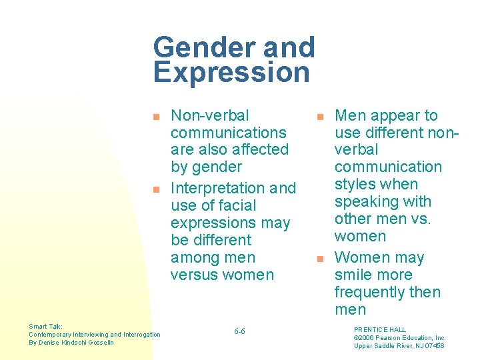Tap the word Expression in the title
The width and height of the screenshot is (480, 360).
[x=231, y=73]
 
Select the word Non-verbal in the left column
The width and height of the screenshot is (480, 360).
[x=210, y=115]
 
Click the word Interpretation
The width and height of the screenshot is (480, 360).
[x=217, y=188]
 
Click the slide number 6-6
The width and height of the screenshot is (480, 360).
[x=239, y=331]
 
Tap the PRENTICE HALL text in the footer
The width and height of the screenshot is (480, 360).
[x=380, y=330]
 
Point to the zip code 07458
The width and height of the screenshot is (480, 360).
[x=434, y=345]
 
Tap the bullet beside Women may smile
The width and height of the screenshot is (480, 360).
[x=320, y=258]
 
